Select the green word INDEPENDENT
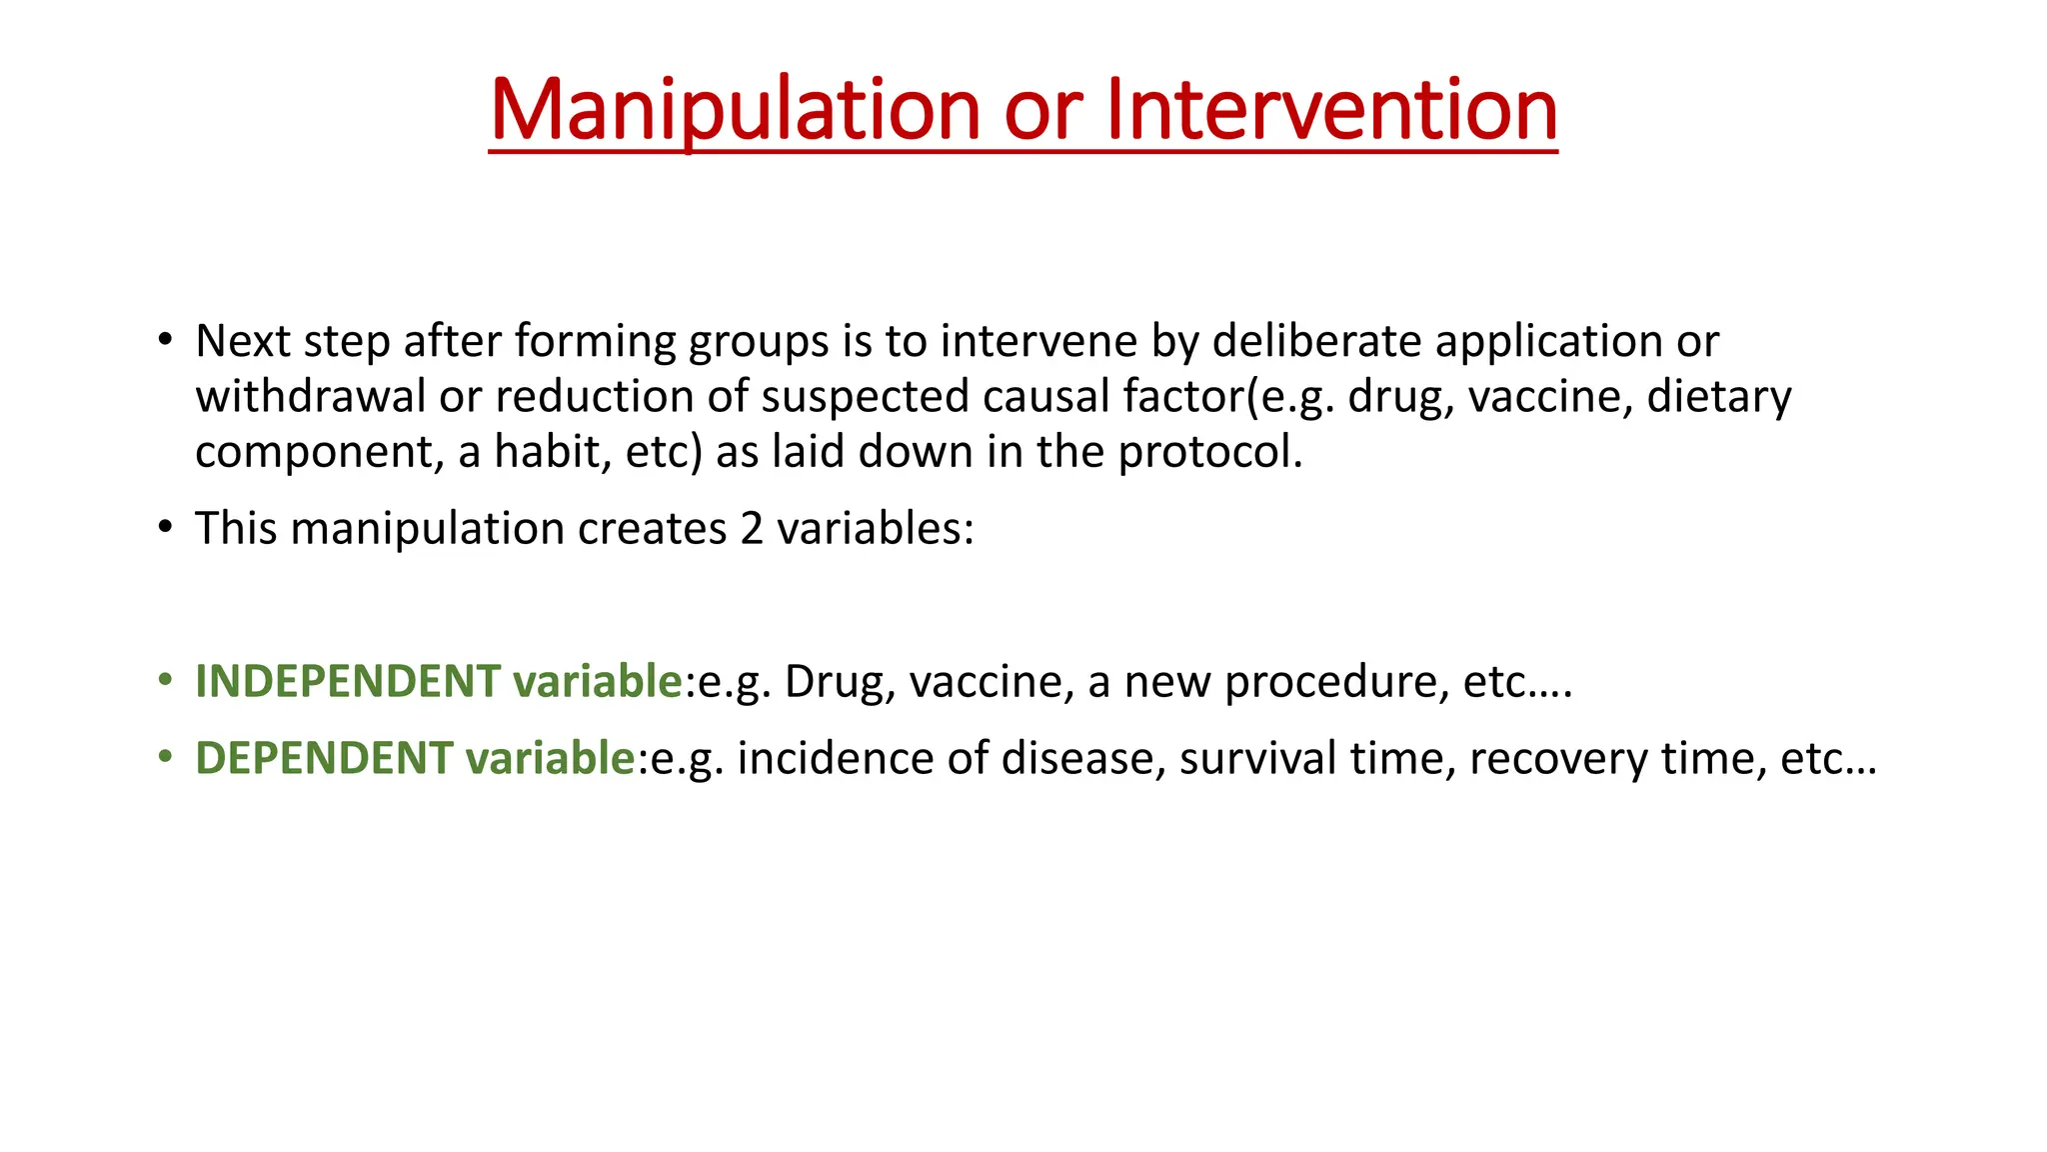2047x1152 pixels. [348, 681]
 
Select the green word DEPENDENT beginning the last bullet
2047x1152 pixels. [324, 758]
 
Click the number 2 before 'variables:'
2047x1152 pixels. [752, 528]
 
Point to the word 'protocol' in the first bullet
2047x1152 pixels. [1205, 452]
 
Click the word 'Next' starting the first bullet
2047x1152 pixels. [243, 341]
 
